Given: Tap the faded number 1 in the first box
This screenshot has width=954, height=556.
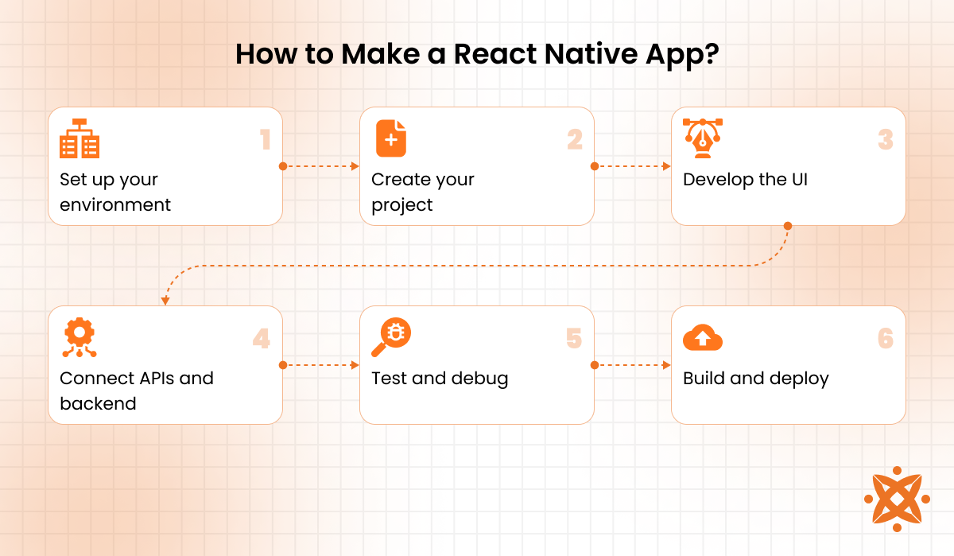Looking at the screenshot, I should coord(266,140).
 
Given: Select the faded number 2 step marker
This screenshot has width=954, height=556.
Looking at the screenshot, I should coord(575,140).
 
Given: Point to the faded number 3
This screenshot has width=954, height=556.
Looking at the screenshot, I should coord(886,140).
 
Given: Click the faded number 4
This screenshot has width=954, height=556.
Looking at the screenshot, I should coord(262,339).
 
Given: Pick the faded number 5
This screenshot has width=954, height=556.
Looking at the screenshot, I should coord(574,339).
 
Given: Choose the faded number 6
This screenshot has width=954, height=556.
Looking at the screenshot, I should coord(886,339).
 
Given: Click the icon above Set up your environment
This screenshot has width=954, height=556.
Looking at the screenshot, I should coord(79,139).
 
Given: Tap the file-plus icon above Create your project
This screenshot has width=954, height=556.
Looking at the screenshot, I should coord(390,139).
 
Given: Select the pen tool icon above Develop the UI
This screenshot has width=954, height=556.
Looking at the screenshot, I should coord(703,139).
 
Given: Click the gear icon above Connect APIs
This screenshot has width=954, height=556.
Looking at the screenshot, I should coord(79,338).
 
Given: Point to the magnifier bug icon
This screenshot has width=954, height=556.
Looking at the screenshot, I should coord(390,338).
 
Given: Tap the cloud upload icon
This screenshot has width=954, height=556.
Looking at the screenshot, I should coord(703,338).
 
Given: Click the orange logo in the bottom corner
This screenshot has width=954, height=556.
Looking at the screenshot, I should coord(897,499).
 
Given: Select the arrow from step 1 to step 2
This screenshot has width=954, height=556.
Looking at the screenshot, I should coord(321,166).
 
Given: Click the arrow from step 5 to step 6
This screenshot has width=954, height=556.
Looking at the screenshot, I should coord(633,365).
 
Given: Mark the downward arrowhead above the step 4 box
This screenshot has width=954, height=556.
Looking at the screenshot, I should coord(165,301).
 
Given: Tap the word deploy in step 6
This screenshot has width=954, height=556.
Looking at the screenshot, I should coord(799,379).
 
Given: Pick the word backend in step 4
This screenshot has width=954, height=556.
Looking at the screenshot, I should coord(98,404).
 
